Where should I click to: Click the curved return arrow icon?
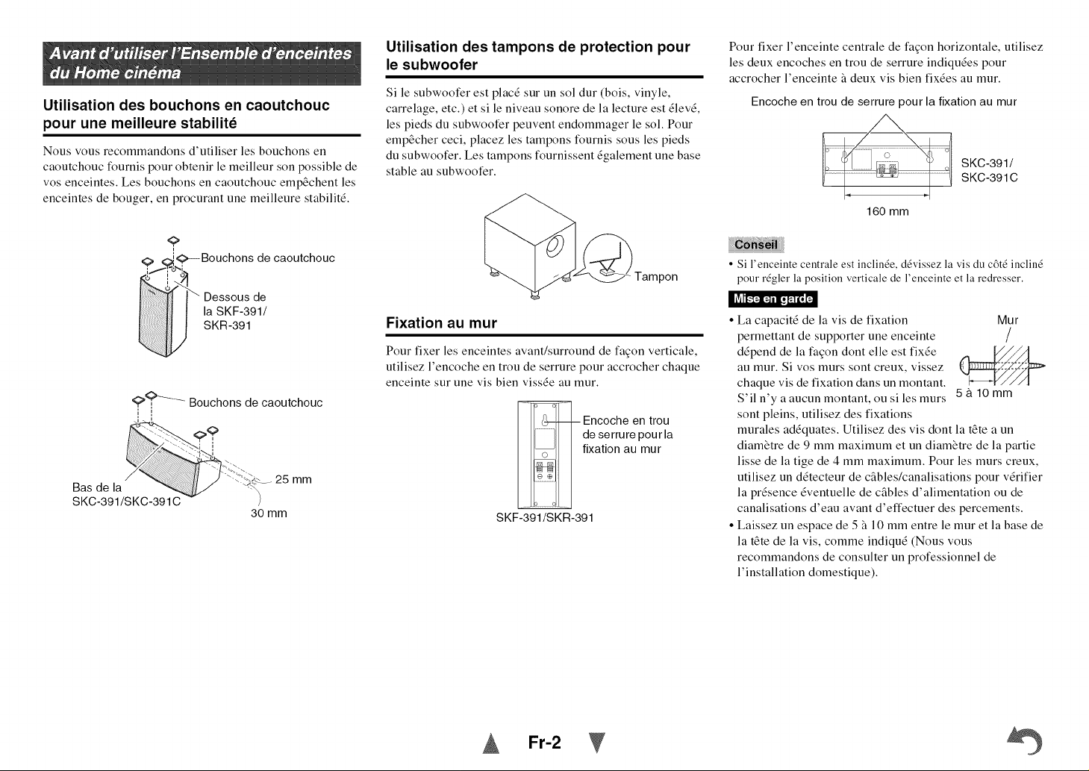1025,740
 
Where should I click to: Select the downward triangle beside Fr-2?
597,743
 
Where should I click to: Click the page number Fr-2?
545,743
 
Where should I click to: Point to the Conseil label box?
756,245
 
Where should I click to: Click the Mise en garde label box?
773,299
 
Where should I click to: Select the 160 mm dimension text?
887,211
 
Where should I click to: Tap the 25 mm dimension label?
293,479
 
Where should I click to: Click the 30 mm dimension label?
269,514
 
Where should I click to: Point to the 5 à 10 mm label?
984,393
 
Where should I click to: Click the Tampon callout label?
656,277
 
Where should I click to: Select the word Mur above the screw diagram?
1008,320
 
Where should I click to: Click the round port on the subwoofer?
555,246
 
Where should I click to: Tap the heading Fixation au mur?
441,322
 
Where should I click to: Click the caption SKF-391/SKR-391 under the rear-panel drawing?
545,518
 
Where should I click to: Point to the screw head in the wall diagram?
964,366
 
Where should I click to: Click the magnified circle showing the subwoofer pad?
608,258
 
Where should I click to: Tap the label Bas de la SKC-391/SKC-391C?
126,494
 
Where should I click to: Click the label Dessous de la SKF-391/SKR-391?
235,311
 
